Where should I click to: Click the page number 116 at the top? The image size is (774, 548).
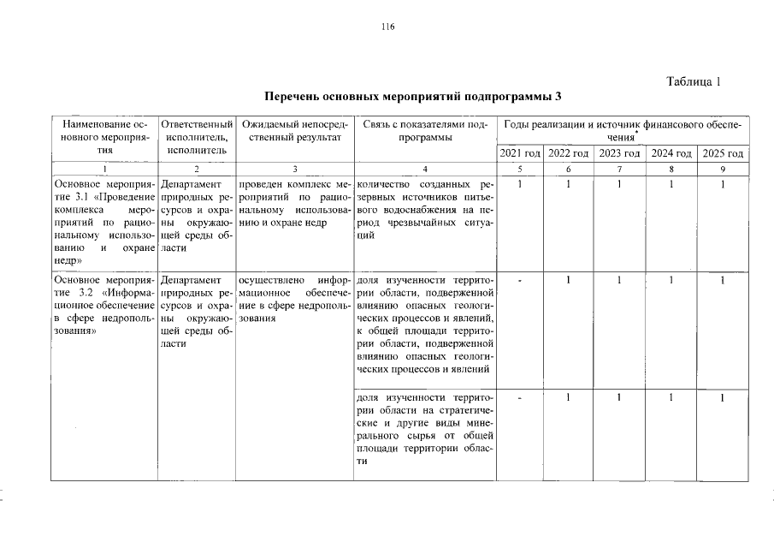(387, 27)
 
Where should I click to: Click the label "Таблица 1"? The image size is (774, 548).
(694, 82)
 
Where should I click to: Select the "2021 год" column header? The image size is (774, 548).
(519, 153)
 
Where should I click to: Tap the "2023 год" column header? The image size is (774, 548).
(621, 153)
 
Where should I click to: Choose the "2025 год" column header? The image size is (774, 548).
(723, 153)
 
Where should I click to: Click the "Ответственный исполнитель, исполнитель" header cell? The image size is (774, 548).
(197, 137)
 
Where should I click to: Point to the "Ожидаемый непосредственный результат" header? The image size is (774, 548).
(293, 131)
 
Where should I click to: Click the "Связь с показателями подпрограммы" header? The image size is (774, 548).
(424, 131)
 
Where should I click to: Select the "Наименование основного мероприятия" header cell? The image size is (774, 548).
(104, 137)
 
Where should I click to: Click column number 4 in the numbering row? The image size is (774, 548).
(424, 170)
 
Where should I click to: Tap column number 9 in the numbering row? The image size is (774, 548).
(723, 170)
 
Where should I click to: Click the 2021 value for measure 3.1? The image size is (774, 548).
(519, 183)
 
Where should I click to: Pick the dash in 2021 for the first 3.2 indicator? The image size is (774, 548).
(519, 280)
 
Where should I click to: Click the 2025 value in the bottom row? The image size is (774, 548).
(723, 397)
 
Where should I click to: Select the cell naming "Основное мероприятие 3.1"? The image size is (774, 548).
(104, 220)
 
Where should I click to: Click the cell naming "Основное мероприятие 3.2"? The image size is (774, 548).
(104, 304)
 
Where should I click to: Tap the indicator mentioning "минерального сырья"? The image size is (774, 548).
(424, 429)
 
